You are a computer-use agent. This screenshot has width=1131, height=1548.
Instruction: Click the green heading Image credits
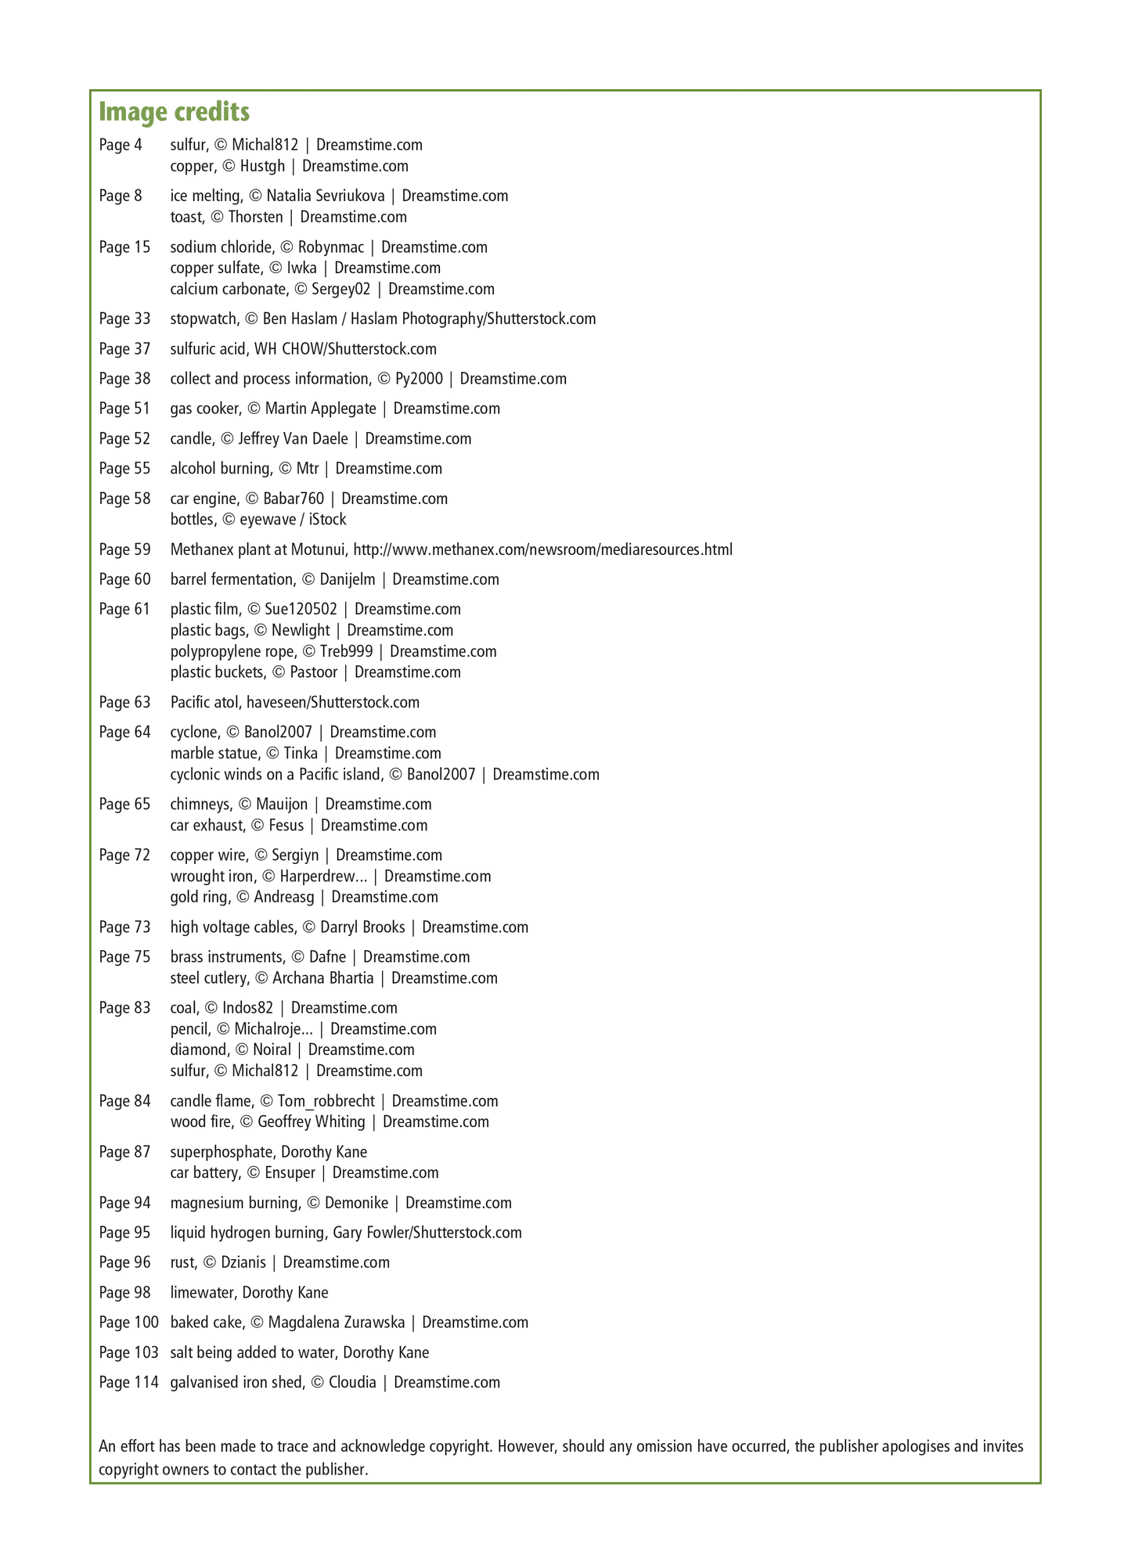pos(174,112)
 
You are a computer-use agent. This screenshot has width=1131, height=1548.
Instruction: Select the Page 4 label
pos(121,145)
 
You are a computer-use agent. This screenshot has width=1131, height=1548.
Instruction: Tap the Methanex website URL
pos(542,549)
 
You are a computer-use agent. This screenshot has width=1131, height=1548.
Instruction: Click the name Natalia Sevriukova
pos(326,196)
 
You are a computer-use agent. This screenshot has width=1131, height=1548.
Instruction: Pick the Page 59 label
pos(124,549)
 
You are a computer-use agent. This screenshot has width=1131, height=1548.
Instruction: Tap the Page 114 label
pos(128,1382)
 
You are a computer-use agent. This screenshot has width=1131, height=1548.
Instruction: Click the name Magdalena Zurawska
pos(337,1322)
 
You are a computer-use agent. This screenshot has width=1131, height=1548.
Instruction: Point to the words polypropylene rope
pos(233,651)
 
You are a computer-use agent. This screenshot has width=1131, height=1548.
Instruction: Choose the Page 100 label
pos(128,1322)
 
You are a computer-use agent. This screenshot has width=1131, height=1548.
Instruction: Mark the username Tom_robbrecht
pos(326,1101)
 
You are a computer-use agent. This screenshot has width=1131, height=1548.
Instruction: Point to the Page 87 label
pos(124,1151)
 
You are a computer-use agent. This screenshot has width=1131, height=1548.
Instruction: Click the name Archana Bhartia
pos(322,977)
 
